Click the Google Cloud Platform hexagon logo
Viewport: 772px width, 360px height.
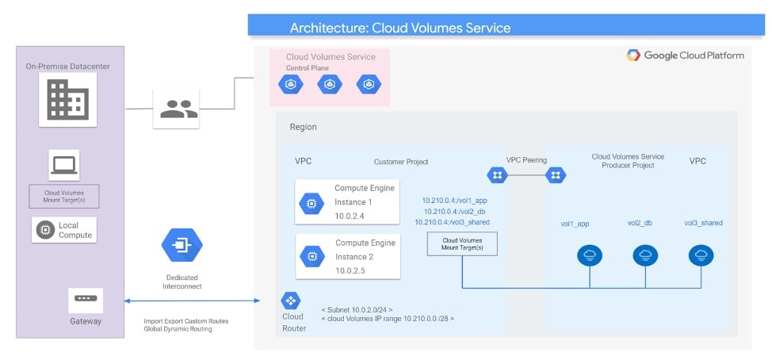pos(633,56)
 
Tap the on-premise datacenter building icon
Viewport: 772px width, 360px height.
pos(68,100)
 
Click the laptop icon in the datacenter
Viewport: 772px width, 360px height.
pos(63,165)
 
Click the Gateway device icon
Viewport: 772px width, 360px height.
pos(84,300)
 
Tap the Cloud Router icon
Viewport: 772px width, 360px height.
pos(290,301)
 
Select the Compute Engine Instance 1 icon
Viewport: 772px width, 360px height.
pos(311,203)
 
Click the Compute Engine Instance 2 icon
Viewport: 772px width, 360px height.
pos(311,256)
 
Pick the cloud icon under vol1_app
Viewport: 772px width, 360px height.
pos(590,255)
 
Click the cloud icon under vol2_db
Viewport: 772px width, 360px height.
pos(645,255)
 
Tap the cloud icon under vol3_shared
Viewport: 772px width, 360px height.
pos(700,255)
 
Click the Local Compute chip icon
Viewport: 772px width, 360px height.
pos(45,230)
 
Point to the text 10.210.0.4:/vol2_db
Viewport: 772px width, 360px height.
pos(454,212)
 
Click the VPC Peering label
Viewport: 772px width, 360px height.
pos(526,159)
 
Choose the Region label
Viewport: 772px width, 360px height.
pos(304,127)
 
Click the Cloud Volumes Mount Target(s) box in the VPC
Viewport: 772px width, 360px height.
pos(461,244)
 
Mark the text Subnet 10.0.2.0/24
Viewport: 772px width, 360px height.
pos(357,308)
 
